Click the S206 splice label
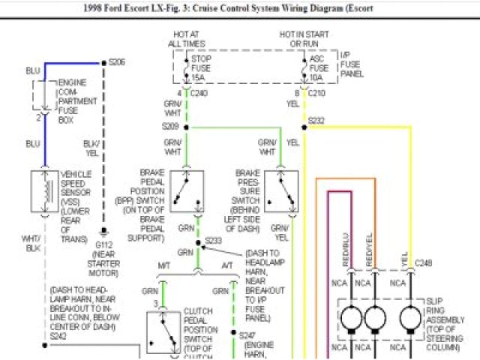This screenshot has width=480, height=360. pos(117,62)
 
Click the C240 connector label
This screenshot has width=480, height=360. pos(199,94)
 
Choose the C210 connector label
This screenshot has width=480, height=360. pos(315,94)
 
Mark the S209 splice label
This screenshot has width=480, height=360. pos(170,127)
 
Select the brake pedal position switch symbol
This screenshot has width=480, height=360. pos(187,191)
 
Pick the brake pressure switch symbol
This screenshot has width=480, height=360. pos(280,191)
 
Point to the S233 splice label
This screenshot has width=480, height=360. pos(214,241)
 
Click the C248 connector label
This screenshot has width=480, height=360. pos(424,262)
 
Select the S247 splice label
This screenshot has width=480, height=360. pos(248,334)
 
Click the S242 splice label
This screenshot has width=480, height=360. pos(58,337)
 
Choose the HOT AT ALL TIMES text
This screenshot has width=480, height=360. pos(186,39)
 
